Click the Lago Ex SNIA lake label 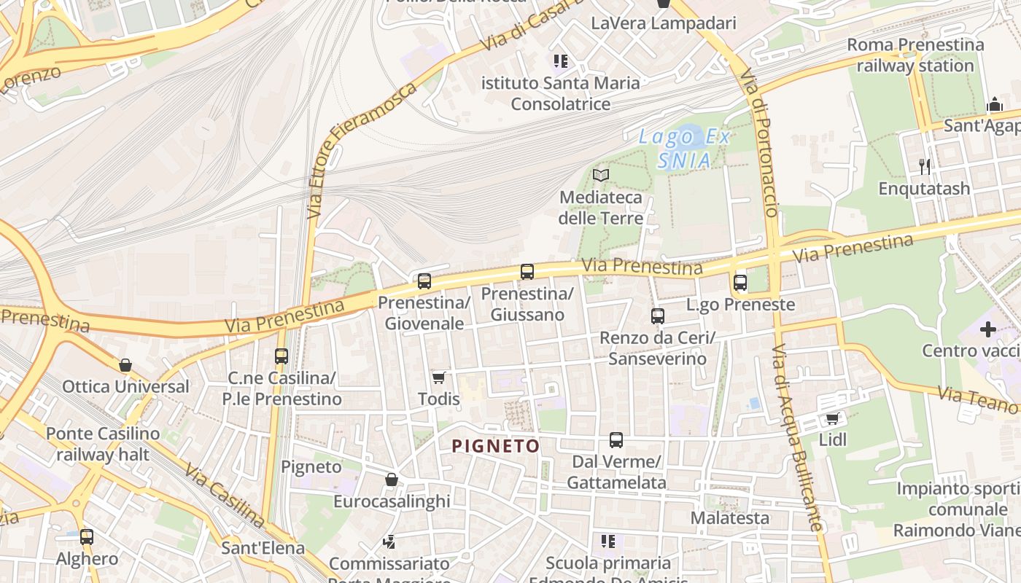pos(684,148)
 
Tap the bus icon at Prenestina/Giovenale pos(424,281)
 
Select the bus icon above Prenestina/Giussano pos(527,272)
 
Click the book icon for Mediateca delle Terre pos(601,175)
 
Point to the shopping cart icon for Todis pos(438,377)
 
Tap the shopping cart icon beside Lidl pos(832,418)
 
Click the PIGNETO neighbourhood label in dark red pos(496,446)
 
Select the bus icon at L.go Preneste pos(740,283)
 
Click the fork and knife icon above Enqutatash pos(925,167)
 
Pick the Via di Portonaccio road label pos(759,142)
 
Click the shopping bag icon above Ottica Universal pos(125,365)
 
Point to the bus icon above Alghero pos(87,537)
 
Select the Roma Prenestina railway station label pos(915,55)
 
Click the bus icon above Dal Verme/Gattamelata pos(616,440)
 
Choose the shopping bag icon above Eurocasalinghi pos(392,480)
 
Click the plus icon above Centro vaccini pos(988,329)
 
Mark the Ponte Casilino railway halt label pos(103,445)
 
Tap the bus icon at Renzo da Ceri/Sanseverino pos(658,316)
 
